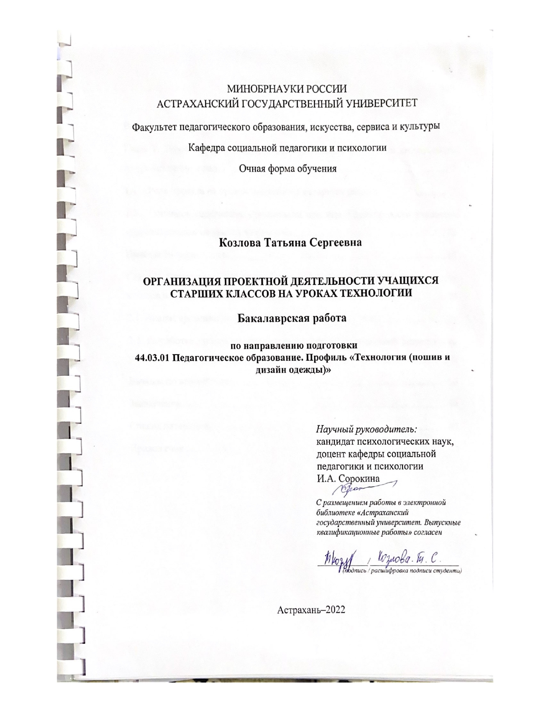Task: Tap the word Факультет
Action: [153, 128]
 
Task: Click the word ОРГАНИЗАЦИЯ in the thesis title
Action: [180, 282]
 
